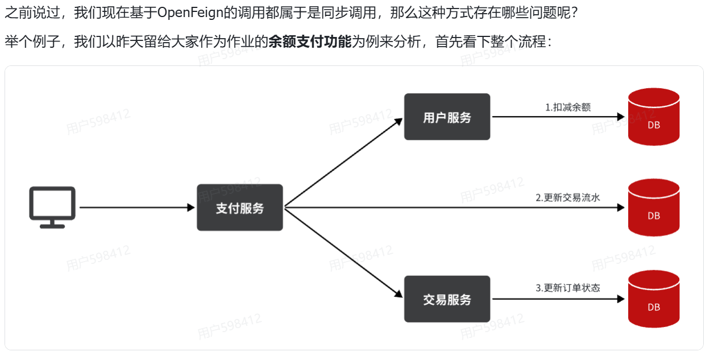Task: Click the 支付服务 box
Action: (x=239, y=208)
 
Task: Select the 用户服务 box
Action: (x=447, y=117)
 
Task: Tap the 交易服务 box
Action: (x=447, y=299)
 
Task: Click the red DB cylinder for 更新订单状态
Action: (x=654, y=299)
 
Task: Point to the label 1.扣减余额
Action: (x=568, y=107)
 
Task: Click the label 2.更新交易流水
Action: (x=568, y=197)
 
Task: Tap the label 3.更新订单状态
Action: (x=568, y=288)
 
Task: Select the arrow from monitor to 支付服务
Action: (x=136, y=208)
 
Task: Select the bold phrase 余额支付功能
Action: (x=310, y=42)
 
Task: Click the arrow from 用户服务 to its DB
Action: (x=557, y=117)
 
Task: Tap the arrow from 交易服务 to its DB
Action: (x=557, y=299)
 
